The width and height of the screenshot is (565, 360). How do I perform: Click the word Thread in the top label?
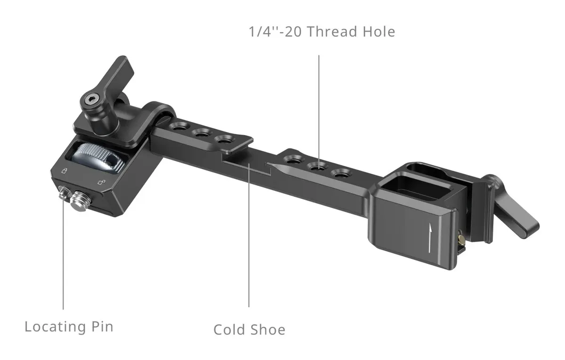(332, 32)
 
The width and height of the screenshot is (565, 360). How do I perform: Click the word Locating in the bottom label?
(55, 327)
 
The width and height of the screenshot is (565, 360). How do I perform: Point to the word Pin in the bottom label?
(103, 327)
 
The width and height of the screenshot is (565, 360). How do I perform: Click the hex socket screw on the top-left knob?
(90, 100)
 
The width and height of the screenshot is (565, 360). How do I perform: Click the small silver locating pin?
(64, 193)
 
